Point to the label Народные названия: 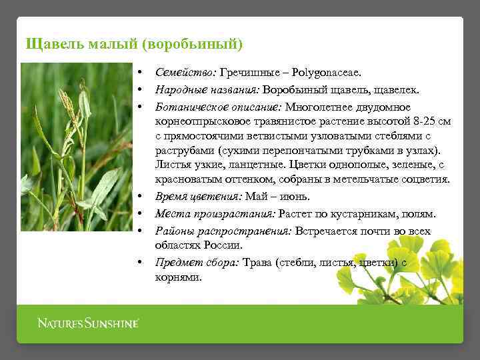207,89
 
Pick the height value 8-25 422,122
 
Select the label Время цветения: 199,196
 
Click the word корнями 178,277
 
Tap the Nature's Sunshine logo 88,324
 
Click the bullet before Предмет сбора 141,263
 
